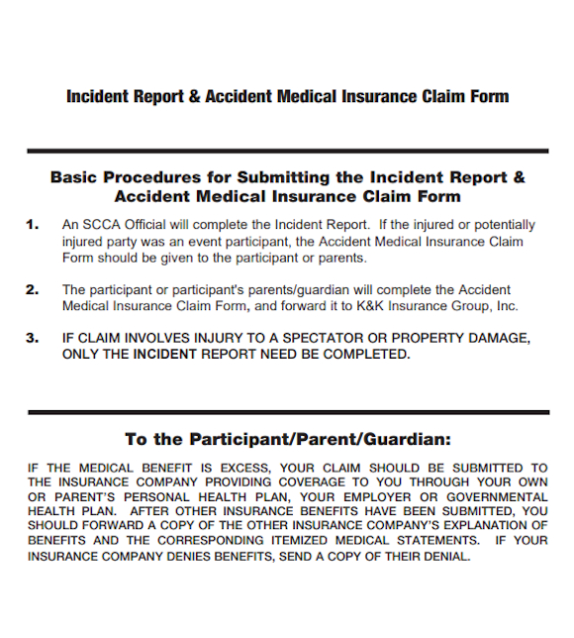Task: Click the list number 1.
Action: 33,225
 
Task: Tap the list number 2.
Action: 33,289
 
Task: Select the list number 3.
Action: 33,338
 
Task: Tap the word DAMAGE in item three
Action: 497,338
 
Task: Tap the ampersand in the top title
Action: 194,96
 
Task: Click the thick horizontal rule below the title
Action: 287,151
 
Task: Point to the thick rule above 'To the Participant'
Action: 287,411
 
